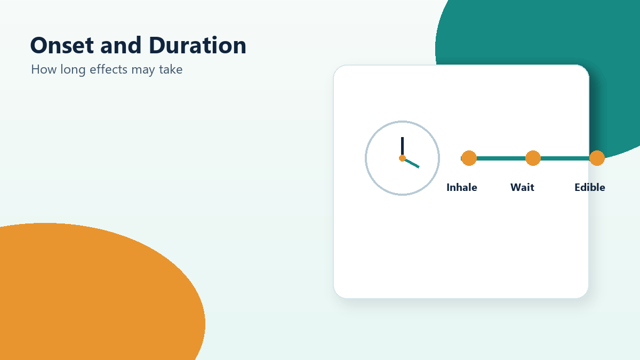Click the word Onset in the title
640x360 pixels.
coord(62,45)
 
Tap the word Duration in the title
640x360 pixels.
coord(197,45)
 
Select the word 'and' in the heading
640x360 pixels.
coord(121,45)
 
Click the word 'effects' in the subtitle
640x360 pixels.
coord(109,69)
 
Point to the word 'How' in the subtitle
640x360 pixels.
coord(44,69)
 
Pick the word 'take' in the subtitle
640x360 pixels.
coord(171,69)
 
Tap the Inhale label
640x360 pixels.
coord(462,187)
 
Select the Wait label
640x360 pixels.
coord(522,187)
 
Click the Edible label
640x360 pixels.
coord(590,187)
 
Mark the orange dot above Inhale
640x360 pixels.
coord(469,158)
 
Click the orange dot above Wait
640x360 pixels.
coord(533,158)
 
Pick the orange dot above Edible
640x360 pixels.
coord(597,158)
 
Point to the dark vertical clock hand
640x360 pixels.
coord(402,146)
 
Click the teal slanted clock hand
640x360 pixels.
coord(412,163)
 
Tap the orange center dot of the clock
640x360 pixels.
coord(402,158)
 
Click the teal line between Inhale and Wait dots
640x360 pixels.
coord(501,158)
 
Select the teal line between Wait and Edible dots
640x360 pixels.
coord(565,158)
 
